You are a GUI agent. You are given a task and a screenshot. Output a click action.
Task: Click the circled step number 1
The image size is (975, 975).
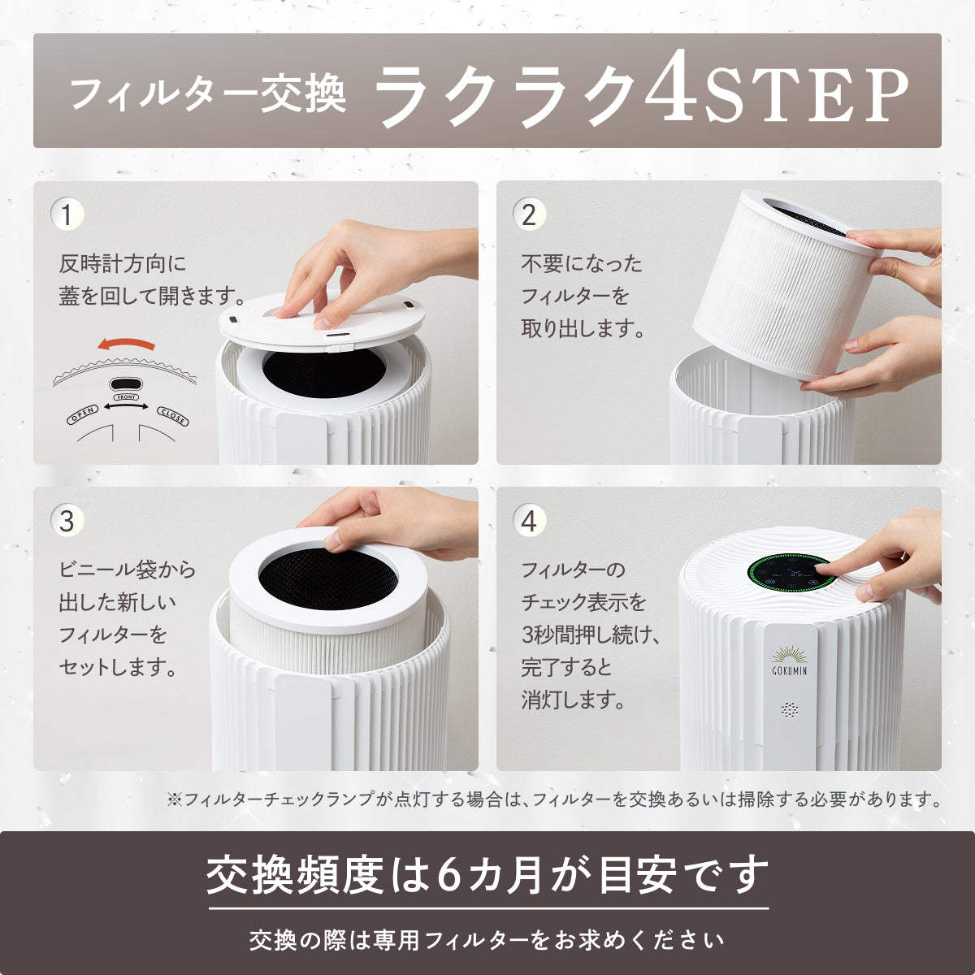[x=67, y=215]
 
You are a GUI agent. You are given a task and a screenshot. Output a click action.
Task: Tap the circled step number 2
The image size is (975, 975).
[x=530, y=215]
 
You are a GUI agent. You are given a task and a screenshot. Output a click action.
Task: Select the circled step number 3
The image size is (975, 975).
[x=67, y=521]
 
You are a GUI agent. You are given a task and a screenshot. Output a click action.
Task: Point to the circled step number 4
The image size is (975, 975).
[x=530, y=521]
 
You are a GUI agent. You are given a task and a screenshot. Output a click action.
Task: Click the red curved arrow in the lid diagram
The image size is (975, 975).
[x=125, y=344]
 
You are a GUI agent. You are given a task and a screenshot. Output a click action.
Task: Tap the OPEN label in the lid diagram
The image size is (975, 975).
[x=82, y=414]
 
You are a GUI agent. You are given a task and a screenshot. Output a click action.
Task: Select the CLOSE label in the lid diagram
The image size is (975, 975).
[x=172, y=417]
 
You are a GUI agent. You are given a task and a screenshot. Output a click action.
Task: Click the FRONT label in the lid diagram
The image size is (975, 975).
[x=126, y=397]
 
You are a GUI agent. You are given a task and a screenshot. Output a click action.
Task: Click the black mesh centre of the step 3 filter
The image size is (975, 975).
[x=327, y=579]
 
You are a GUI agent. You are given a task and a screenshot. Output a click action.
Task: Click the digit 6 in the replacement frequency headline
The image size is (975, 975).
[x=448, y=876]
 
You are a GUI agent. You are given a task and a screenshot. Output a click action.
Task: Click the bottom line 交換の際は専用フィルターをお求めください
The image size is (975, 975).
[x=487, y=940]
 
